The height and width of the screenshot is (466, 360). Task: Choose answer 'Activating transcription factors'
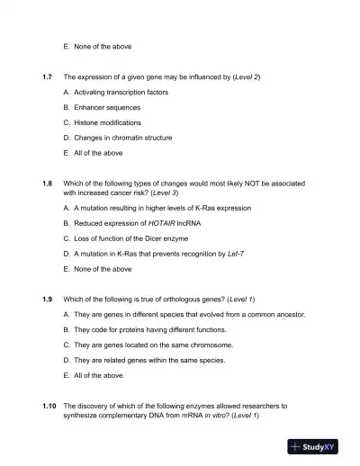120,93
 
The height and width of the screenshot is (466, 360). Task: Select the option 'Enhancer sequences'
108,108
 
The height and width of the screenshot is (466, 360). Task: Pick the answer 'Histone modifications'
109,122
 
